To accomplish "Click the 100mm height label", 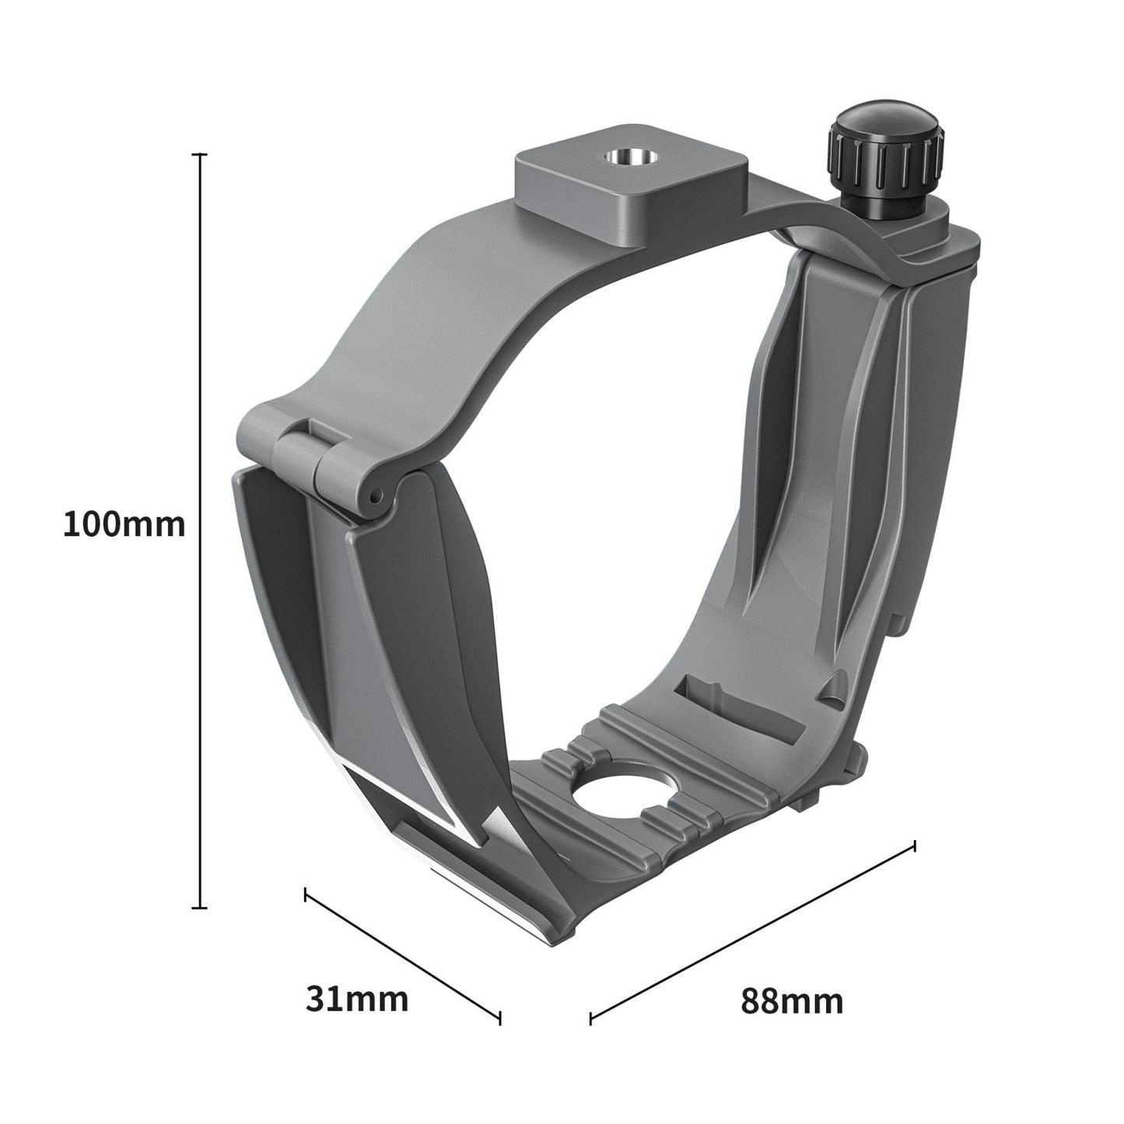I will point(124,524).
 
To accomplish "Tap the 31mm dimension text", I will point(356,999).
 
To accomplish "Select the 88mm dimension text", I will point(791,1000).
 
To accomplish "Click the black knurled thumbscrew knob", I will point(889,159).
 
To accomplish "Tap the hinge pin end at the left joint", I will point(376,495).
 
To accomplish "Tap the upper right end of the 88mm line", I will point(913,845).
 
